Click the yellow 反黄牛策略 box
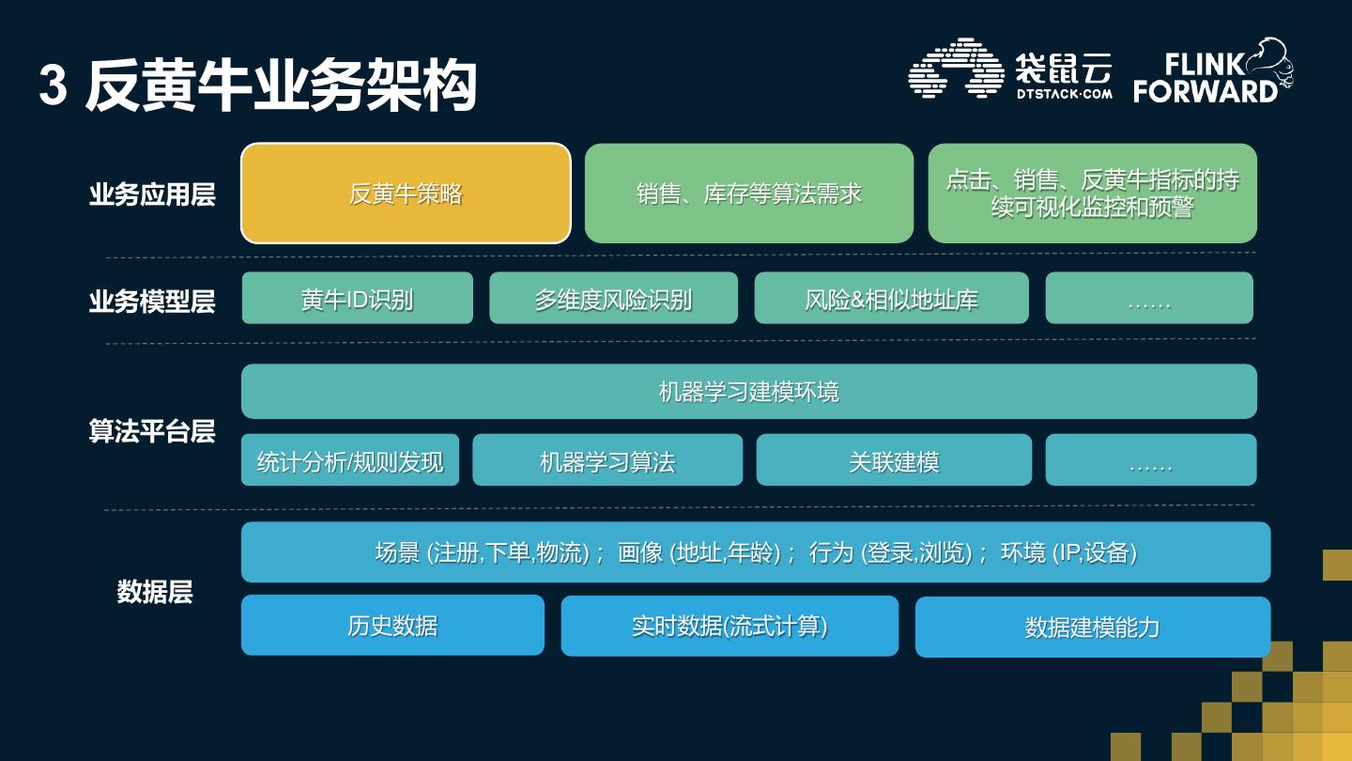[406, 194]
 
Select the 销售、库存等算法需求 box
[748, 194]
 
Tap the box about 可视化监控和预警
[1092, 194]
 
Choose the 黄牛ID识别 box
[357, 299]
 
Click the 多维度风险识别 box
[613, 299]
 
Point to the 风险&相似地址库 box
[891, 299]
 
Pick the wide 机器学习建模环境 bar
[748, 391]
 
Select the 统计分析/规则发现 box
[350, 460]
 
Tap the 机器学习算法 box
[607, 460]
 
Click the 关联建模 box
[893, 460]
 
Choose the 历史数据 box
[392, 625]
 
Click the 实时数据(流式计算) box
[730, 626]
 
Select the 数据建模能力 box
[1092, 627]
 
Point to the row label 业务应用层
[152, 194]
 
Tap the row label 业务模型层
[152, 301]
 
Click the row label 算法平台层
[152, 431]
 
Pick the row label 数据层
[155, 592]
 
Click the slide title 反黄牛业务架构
[281, 86]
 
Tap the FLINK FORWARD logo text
[1205, 77]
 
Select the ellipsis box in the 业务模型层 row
[1149, 299]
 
